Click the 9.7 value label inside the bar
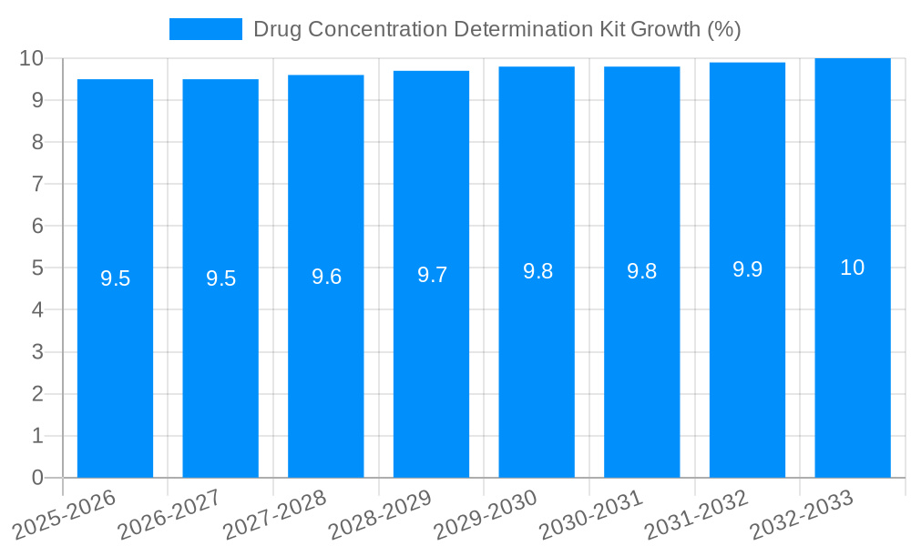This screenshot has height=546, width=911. (x=432, y=275)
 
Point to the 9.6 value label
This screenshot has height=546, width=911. (x=326, y=277)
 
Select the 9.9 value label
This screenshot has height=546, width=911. (x=747, y=270)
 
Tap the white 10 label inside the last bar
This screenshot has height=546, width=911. (x=853, y=268)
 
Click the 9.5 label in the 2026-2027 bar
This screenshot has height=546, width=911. (x=220, y=278)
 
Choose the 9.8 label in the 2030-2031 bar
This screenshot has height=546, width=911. (x=641, y=272)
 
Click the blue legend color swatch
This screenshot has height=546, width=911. (x=206, y=29)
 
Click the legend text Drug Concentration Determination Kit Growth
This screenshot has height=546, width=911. (x=496, y=29)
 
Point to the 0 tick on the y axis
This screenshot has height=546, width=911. (x=37, y=478)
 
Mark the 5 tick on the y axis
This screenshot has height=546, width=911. (x=37, y=268)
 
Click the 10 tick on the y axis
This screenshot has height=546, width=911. (x=32, y=58)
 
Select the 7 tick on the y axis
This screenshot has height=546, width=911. (x=37, y=184)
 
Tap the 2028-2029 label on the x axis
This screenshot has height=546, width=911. (x=380, y=515)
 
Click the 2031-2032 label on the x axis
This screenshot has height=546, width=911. (x=697, y=515)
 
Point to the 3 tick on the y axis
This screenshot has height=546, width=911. (x=37, y=352)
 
